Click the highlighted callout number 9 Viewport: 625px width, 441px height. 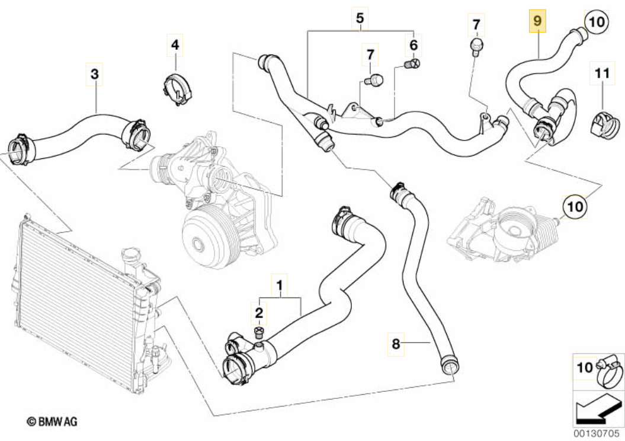537,22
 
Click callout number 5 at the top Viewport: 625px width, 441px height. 359,19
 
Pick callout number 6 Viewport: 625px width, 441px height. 413,44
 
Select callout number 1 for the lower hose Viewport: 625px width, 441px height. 280,285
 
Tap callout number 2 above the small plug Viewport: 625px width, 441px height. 259,311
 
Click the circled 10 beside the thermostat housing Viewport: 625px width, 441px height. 575,206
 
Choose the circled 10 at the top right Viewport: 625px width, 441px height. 597,22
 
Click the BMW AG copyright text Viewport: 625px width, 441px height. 52,421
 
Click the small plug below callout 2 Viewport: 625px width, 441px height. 259,330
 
